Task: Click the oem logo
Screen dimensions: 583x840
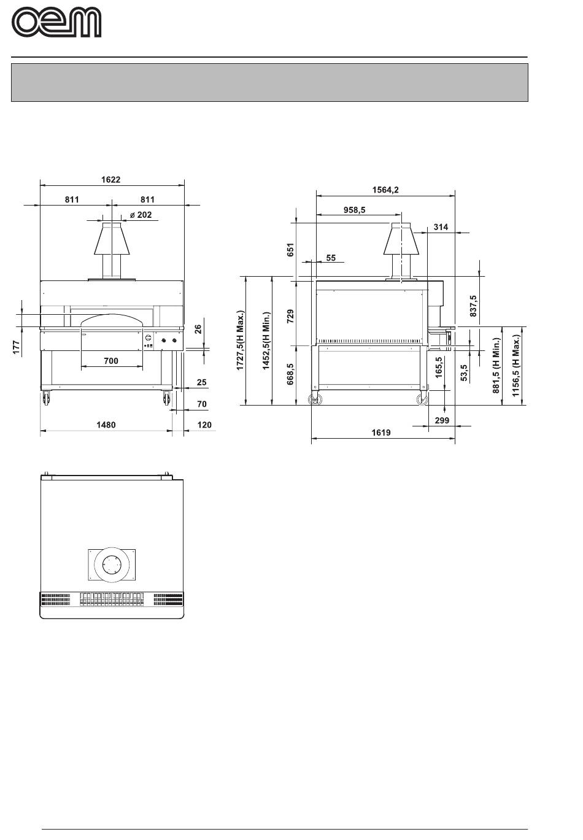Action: (x=56, y=23)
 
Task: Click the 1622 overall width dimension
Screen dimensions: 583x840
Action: (x=110, y=180)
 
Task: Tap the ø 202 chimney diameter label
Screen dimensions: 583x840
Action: (x=141, y=215)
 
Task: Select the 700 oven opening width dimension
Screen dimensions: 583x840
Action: (x=111, y=361)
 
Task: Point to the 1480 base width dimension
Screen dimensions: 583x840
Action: (x=106, y=425)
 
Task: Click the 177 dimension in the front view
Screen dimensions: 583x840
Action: (x=16, y=348)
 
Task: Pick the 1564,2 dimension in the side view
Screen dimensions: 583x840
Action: (x=385, y=190)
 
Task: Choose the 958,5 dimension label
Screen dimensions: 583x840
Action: (x=354, y=210)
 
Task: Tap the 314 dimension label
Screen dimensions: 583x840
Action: (x=441, y=227)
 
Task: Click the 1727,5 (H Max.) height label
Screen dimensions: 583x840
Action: (x=240, y=340)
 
